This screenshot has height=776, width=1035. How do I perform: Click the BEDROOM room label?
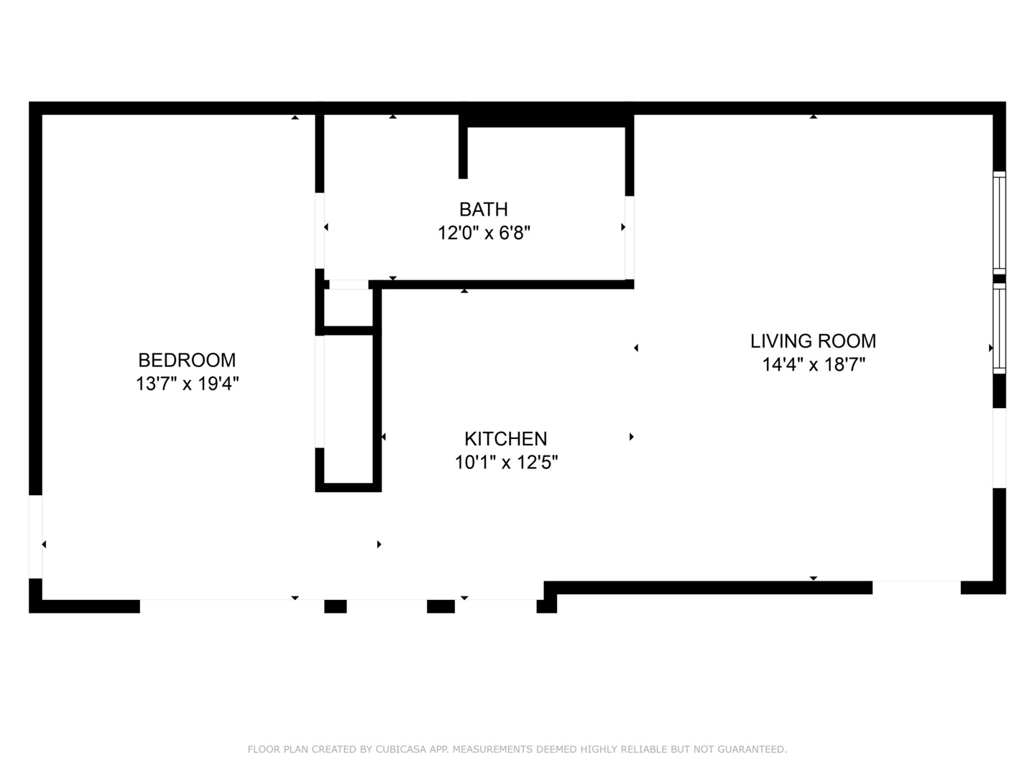[187, 360]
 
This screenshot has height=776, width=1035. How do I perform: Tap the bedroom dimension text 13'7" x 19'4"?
[187, 384]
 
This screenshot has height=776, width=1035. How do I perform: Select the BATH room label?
[484, 209]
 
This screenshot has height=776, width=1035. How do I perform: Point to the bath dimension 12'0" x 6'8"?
[484, 234]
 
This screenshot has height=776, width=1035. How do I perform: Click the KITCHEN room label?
[505, 438]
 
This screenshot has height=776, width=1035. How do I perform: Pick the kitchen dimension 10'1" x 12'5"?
[506, 462]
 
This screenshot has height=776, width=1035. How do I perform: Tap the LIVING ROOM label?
[813, 341]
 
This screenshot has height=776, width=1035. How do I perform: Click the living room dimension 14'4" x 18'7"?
[813, 365]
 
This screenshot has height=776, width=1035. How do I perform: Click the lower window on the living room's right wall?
[999, 328]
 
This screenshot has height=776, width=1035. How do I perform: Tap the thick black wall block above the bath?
[546, 115]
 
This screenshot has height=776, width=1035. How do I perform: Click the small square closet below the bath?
[348, 308]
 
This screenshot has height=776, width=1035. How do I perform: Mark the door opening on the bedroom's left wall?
[35, 536]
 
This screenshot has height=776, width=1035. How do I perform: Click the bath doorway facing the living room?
[630, 237]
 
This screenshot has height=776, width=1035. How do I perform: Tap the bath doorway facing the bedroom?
[320, 230]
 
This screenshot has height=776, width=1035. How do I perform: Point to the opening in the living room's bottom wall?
[916, 587]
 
